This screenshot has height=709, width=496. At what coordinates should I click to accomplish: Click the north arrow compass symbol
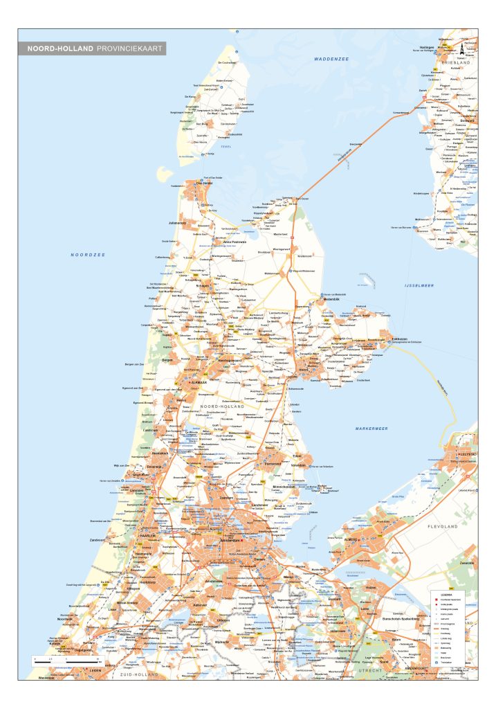tap(461, 48)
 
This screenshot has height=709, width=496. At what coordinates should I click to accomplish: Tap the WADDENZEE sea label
tap(331, 60)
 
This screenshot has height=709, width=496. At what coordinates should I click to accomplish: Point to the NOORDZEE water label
tap(87, 255)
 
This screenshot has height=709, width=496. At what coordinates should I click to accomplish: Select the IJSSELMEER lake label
tap(419, 285)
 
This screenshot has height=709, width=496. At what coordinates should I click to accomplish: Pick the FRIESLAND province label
tap(457, 63)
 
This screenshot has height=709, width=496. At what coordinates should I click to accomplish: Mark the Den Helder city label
tap(203, 183)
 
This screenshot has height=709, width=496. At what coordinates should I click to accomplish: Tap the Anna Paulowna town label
tap(234, 242)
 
